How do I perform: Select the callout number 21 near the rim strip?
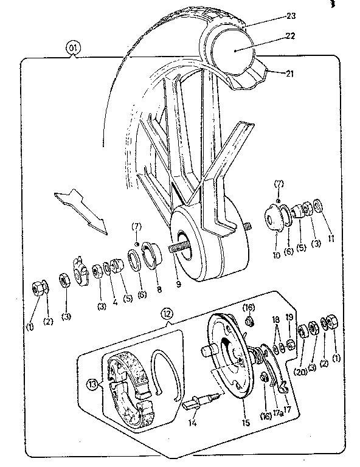[289, 74]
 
